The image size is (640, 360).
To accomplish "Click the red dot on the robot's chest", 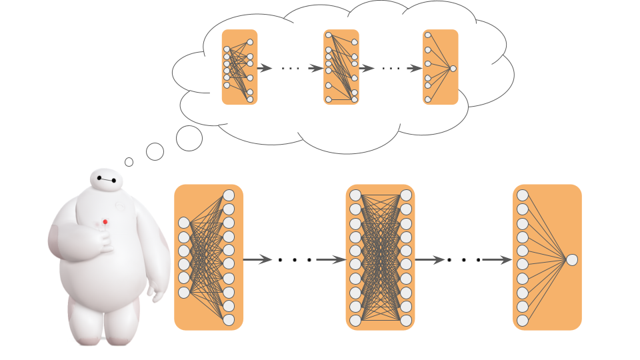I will point(105,221).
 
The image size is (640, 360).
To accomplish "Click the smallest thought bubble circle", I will point(129,162).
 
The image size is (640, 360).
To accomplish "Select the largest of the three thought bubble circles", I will point(189,138).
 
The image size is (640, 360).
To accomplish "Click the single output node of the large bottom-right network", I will point(571,259).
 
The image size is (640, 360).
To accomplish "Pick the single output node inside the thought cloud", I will point(453,69).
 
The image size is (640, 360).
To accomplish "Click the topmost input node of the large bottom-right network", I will point(523,195).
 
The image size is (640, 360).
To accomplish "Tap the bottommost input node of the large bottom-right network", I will point(523,321).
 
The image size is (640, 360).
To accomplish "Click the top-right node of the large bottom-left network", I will point(229,195).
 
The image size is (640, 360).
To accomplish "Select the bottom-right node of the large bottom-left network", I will point(229,321).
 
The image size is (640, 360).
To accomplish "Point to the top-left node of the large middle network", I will point(355,195).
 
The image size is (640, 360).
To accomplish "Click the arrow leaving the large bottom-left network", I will point(257,259).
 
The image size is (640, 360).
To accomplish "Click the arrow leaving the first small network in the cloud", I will point(265,68).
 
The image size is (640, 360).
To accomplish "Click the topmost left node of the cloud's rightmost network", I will point(427,35).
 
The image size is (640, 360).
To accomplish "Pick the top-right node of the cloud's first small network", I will point(250,42).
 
